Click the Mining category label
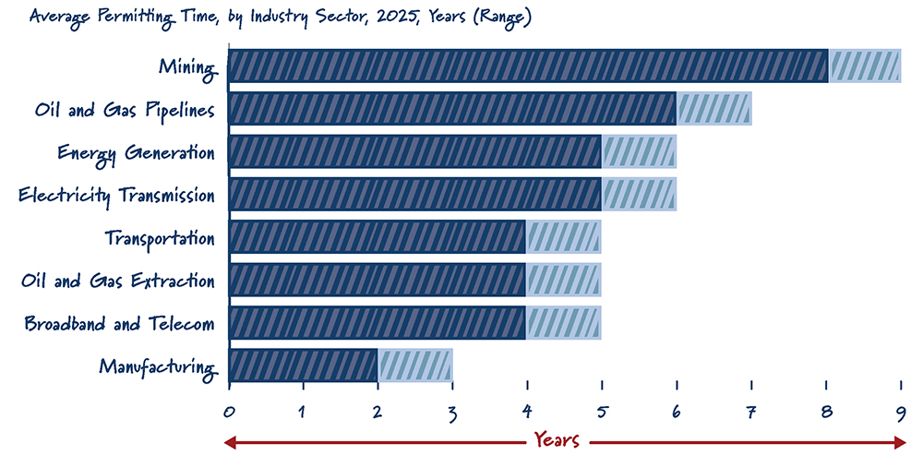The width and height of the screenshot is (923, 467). [x=187, y=66]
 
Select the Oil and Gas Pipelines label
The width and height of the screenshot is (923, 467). [x=125, y=110]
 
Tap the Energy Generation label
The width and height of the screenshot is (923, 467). [x=136, y=152]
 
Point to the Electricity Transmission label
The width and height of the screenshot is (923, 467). [x=117, y=196]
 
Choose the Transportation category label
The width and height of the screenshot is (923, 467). [x=160, y=238]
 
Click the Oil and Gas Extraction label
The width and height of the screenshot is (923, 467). [x=118, y=281]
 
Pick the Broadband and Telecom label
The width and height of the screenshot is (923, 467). [x=120, y=324]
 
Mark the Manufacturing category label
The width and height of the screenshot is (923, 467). [x=157, y=367]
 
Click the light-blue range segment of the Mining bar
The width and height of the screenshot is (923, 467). [x=865, y=66]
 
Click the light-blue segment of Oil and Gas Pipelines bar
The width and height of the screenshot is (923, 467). [x=714, y=109]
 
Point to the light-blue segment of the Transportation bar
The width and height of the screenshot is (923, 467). [x=564, y=238]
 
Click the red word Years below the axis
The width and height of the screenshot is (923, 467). [x=557, y=440]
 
